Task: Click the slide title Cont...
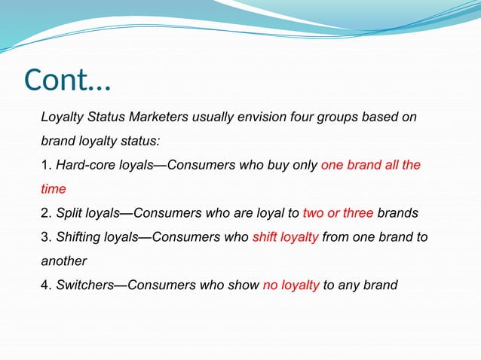coord(66,80)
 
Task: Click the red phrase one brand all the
coord(371,165)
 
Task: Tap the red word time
coord(54,189)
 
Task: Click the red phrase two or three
coord(338,213)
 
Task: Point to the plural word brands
coord(397,213)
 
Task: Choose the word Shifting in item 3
coord(78,237)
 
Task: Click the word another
coord(64,261)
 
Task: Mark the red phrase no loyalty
coord(291,285)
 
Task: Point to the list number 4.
coord(45,285)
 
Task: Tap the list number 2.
coord(45,213)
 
